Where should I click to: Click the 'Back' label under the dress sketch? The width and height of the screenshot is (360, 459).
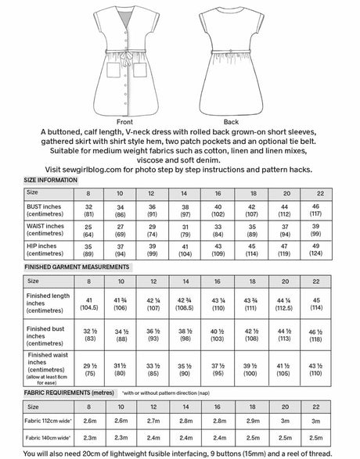[231, 122]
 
